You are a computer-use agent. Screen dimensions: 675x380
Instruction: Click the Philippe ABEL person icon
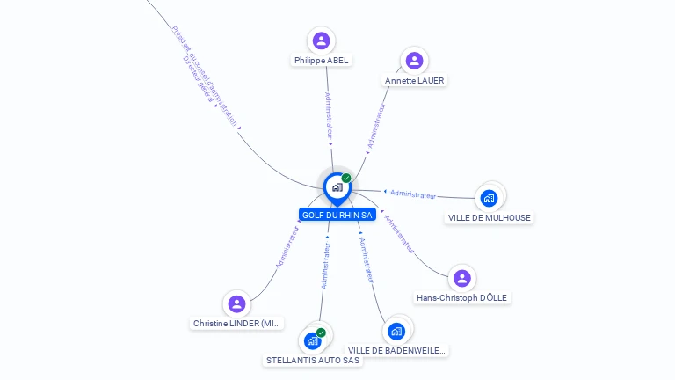322,40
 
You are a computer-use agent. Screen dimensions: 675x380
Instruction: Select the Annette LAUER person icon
414,61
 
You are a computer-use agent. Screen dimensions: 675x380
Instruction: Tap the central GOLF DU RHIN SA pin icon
336,186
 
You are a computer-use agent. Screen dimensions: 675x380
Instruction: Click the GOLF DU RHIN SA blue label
337,215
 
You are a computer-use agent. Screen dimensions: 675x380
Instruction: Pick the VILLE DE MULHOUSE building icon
489,198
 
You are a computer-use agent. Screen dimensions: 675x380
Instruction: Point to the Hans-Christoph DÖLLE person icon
462,278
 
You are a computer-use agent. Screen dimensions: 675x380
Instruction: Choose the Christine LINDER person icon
236,304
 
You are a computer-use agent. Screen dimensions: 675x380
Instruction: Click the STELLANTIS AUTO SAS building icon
312,340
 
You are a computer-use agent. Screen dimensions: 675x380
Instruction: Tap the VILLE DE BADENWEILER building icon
396,331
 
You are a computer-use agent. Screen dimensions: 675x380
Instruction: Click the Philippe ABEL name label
322,61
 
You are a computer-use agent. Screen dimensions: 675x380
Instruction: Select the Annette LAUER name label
415,81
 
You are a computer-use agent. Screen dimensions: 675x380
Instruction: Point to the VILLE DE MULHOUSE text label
490,218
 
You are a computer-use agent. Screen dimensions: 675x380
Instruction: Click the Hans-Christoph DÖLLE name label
462,298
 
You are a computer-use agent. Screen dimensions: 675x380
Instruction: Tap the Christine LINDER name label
237,324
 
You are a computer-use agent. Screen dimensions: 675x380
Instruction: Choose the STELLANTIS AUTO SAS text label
313,361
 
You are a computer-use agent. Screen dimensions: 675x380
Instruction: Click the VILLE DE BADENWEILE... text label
396,351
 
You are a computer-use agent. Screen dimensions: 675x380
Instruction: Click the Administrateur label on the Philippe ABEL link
328,117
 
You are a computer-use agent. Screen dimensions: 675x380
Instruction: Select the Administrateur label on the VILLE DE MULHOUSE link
412,194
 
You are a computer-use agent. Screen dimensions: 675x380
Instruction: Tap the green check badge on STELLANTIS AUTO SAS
321,332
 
